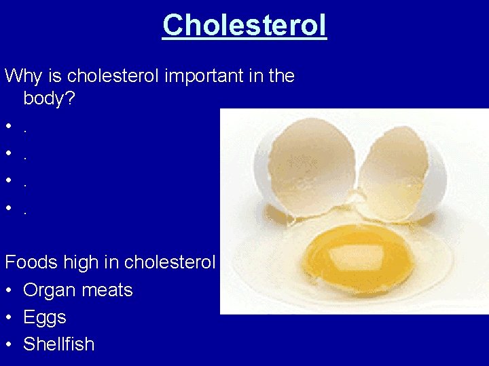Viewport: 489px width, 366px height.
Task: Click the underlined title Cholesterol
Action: coord(244,26)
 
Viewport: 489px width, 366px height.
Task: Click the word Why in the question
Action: coord(24,75)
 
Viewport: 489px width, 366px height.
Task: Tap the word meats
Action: coord(108,290)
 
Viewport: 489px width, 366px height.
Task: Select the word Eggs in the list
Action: coord(44,317)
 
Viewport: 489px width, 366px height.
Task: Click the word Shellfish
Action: coord(58,344)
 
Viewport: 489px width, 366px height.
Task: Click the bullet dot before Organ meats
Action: coord(8,291)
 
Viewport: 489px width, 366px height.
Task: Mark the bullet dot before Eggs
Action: coord(8,318)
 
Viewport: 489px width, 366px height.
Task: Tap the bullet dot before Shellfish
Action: coord(8,345)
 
